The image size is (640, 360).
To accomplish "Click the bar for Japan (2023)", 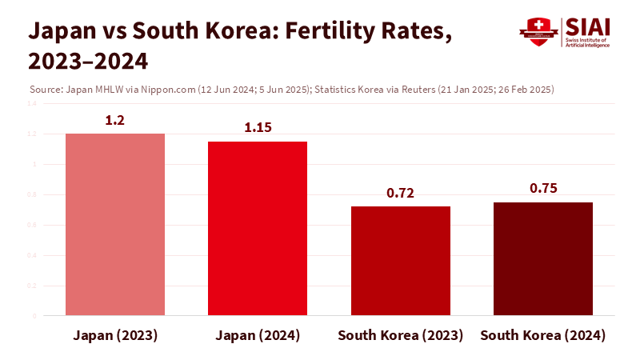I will [x=115, y=225].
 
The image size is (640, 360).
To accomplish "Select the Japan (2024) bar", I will [x=258, y=229].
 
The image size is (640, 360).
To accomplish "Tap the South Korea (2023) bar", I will [x=401, y=261].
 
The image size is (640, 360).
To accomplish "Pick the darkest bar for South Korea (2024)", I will [x=543, y=259].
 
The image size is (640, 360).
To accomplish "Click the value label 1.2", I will [x=115, y=120].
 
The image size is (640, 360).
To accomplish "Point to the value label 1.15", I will [x=258, y=128].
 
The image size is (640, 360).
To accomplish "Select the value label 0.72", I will [x=401, y=193].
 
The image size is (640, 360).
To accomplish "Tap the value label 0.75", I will [x=543, y=189].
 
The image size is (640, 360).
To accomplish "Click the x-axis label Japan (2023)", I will [x=115, y=335].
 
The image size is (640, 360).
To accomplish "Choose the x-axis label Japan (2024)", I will [x=258, y=335].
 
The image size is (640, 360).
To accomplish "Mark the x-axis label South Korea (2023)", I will [x=401, y=335].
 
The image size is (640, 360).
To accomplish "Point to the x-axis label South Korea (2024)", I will [x=543, y=335].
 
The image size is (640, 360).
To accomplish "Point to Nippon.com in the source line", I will [x=171, y=89].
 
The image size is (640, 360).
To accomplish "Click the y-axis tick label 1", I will [x=34, y=164].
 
